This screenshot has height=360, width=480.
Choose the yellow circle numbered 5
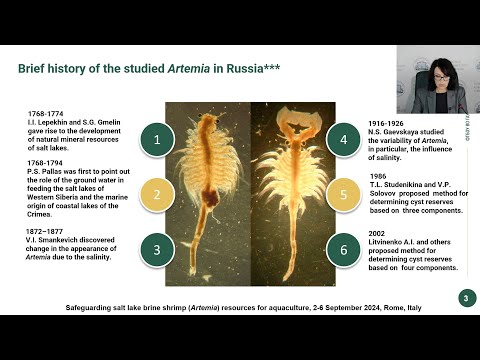point(343,195)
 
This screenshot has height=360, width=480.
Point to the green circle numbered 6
point(343,249)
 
